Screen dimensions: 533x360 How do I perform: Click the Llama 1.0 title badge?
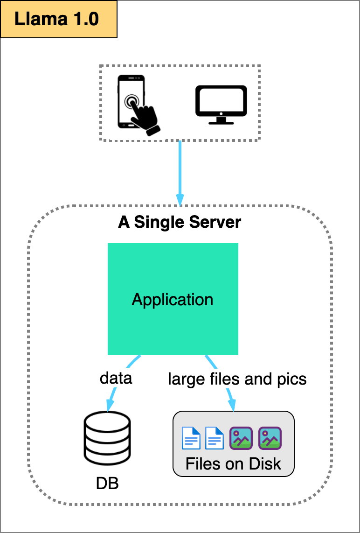58,19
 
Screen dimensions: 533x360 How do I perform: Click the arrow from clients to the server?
180,173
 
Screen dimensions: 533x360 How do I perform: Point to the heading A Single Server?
180,222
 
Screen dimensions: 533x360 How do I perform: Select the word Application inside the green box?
173,299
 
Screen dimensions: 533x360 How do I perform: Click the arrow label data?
116,378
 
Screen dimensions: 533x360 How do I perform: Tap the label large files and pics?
237,379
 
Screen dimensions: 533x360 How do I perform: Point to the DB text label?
107,483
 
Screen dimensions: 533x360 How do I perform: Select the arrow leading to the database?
112,397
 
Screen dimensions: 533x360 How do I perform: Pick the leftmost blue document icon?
191,438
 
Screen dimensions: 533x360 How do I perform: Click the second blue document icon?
215,438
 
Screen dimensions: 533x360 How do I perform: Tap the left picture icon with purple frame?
241,438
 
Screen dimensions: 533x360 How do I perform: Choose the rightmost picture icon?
270,438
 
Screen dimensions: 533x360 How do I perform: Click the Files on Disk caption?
233,463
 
